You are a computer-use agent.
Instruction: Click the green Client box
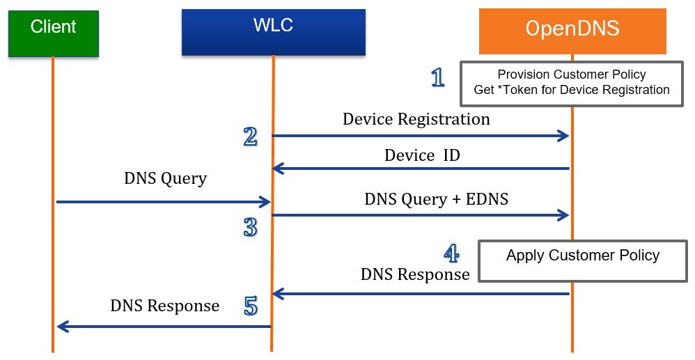click(x=53, y=33)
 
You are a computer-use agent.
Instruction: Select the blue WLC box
click(x=274, y=32)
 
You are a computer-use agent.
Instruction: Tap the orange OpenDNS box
click(x=572, y=31)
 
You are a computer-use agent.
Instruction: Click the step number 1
click(x=438, y=77)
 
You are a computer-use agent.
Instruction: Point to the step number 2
click(x=250, y=136)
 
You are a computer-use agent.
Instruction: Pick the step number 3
click(x=251, y=227)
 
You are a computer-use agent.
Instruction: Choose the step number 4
click(x=451, y=253)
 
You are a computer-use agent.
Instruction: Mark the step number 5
click(x=251, y=306)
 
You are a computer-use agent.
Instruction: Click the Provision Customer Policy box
click(x=571, y=84)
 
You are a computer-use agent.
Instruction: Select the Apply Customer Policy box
click(x=583, y=261)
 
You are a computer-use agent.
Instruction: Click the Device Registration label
click(x=416, y=119)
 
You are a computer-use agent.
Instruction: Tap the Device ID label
click(x=422, y=155)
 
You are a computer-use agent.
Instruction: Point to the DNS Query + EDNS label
click(x=436, y=199)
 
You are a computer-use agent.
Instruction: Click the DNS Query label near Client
click(x=165, y=179)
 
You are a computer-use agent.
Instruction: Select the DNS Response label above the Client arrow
click(x=165, y=306)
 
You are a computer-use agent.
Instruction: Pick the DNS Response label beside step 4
click(x=415, y=274)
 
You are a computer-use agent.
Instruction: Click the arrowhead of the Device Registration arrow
click(x=564, y=136)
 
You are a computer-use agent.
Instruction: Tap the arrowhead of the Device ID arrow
click(x=279, y=169)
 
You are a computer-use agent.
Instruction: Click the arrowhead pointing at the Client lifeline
click(x=63, y=327)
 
